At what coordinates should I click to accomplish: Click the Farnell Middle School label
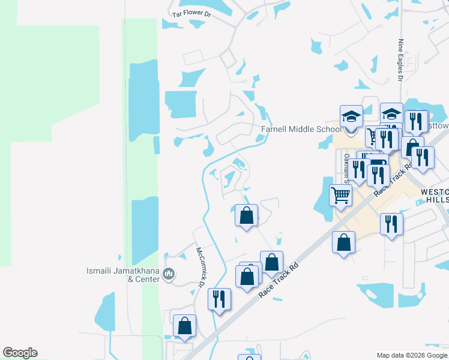pos(300,129)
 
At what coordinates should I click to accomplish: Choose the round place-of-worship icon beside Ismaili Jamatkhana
pos(169,275)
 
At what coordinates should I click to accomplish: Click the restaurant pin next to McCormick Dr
pos(219,299)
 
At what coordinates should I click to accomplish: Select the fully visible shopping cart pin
pos(340,195)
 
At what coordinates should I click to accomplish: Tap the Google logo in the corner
pos(20,353)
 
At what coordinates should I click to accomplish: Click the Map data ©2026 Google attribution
pos(412,355)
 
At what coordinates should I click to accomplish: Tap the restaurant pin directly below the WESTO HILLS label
pos(391,225)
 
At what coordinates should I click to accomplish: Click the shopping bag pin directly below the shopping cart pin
pos(343,242)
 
